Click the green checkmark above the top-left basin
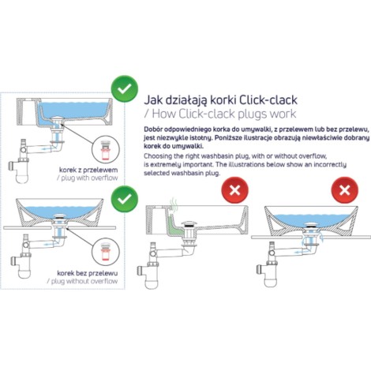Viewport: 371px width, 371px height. (x=125, y=89)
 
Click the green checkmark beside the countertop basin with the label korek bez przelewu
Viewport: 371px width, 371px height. (x=125, y=199)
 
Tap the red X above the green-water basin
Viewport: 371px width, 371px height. (x=234, y=190)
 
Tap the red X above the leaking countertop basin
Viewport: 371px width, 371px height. (x=345, y=190)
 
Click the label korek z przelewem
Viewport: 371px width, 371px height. (x=88, y=170)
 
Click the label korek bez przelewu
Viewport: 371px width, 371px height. (x=88, y=273)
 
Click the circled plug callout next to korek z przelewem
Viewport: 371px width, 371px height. (x=106, y=149)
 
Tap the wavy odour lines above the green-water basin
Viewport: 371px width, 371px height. (x=173, y=203)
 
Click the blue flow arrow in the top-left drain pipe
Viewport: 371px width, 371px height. (x=47, y=148)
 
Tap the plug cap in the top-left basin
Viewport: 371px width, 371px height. (x=58, y=118)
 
